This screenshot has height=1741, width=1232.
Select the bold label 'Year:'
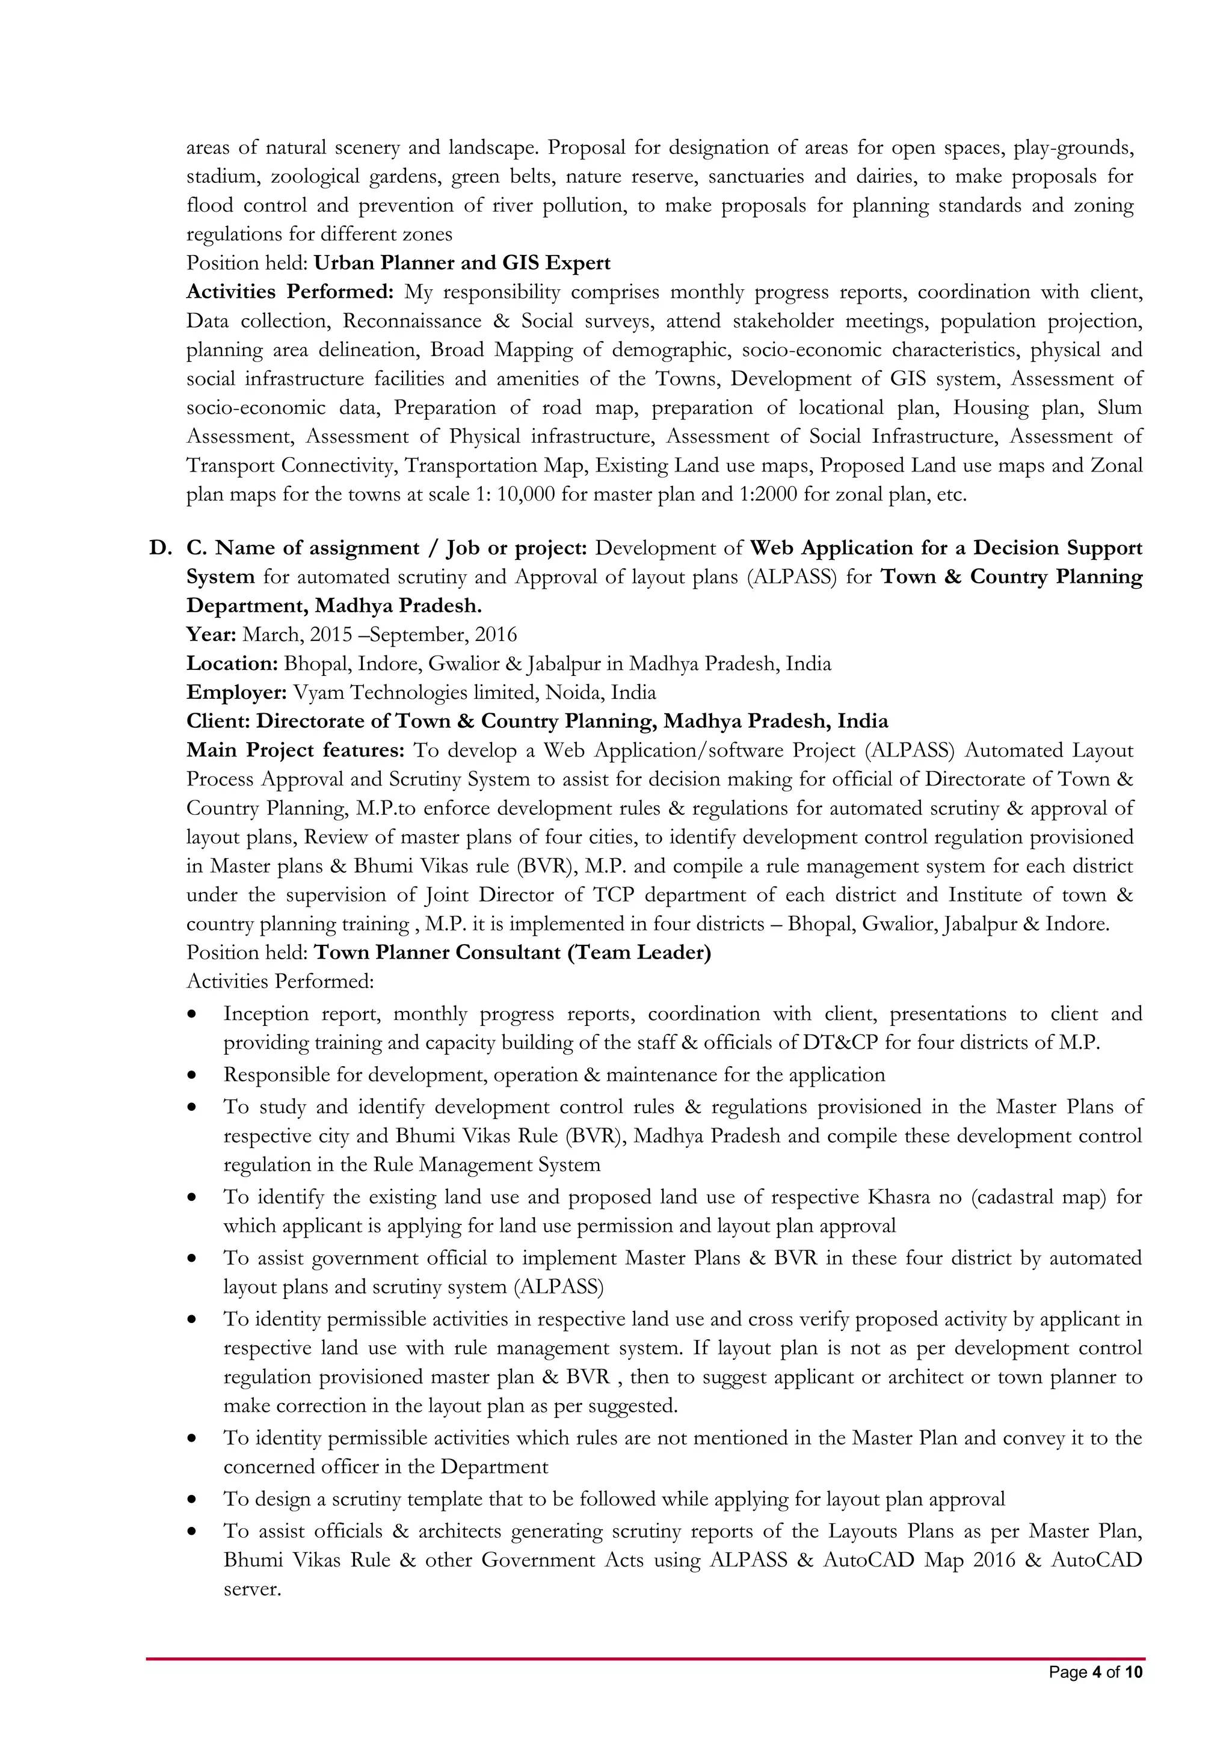[212, 634]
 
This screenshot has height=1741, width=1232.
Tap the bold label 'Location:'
[232, 663]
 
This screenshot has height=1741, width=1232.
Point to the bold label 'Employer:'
[236, 692]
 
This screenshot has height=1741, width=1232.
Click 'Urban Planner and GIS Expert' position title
[461, 263]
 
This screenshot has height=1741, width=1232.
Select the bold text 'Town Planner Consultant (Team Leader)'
[512, 953]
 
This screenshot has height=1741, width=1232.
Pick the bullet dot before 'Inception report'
[195, 1015]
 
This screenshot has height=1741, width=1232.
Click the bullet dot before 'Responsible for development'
[195, 1075]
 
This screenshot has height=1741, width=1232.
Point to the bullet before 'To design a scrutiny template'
[195, 1499]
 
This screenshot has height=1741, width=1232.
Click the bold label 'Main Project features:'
[295, 750]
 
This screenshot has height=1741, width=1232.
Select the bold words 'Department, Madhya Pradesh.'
[334, 606]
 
